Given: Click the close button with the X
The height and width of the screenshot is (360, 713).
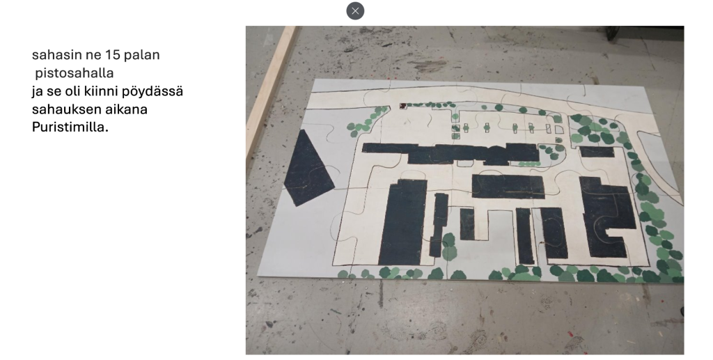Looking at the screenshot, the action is (355, 11).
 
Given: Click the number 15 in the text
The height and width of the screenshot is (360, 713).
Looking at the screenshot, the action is (112, 54).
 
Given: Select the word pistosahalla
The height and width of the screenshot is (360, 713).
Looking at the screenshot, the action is (74, 72).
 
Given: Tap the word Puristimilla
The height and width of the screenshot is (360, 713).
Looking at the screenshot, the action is (70, 127).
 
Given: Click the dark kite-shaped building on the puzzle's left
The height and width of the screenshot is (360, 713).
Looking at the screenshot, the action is (308, 169).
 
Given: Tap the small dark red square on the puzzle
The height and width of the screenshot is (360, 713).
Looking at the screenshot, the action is (402, 107).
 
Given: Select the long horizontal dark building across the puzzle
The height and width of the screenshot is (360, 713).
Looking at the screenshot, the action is (450, 153).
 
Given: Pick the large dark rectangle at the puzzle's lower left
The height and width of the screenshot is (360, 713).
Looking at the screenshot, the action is (402, 222).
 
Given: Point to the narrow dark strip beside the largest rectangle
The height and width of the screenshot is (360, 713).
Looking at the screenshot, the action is (438, 224).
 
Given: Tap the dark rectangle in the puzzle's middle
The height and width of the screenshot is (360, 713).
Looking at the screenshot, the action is (508, 187).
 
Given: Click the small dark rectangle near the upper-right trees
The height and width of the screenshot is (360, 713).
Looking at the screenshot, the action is (597, 151).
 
